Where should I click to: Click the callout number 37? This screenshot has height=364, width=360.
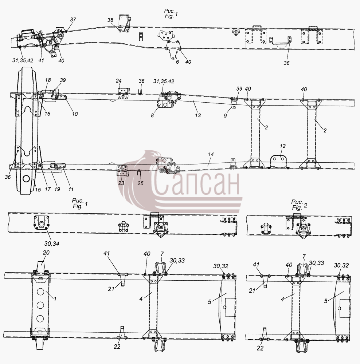[x=73, y=20]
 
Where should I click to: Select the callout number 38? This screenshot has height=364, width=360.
[x=110, y=20]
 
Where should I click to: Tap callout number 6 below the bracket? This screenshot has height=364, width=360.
[x=177, y=62]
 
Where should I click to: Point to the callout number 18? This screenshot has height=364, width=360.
[x=48, y=80]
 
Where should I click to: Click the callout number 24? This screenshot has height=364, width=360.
[x=119, y=81]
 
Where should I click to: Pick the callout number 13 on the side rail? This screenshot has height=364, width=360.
[x=198, y=115]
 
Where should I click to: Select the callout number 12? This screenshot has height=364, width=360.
[x=283, y=146]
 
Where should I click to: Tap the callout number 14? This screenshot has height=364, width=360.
[x=211, y=154]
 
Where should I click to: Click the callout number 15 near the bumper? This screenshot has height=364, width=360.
[x=38, y=190]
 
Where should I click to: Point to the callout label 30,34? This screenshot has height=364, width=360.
[x=52, y=244]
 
